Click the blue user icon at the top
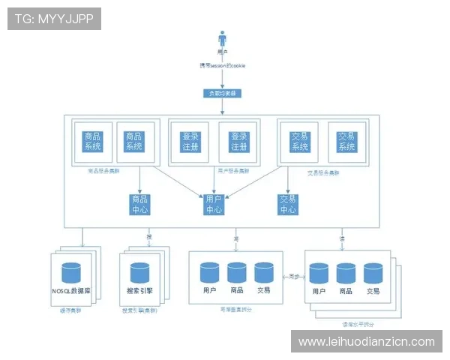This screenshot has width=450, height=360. click(222, 38)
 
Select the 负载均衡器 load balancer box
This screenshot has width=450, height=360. click(222, 94)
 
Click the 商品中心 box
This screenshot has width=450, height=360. click(139, 204)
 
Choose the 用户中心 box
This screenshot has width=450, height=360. click(214, 204)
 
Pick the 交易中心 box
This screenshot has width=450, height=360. click(288, 204)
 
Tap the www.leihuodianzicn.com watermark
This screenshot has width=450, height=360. click(366, 341)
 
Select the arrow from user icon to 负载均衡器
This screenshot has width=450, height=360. click(222, 78)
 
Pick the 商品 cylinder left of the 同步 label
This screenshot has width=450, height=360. click(237, 271)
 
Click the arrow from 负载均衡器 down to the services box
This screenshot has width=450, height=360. click(222, 106)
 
